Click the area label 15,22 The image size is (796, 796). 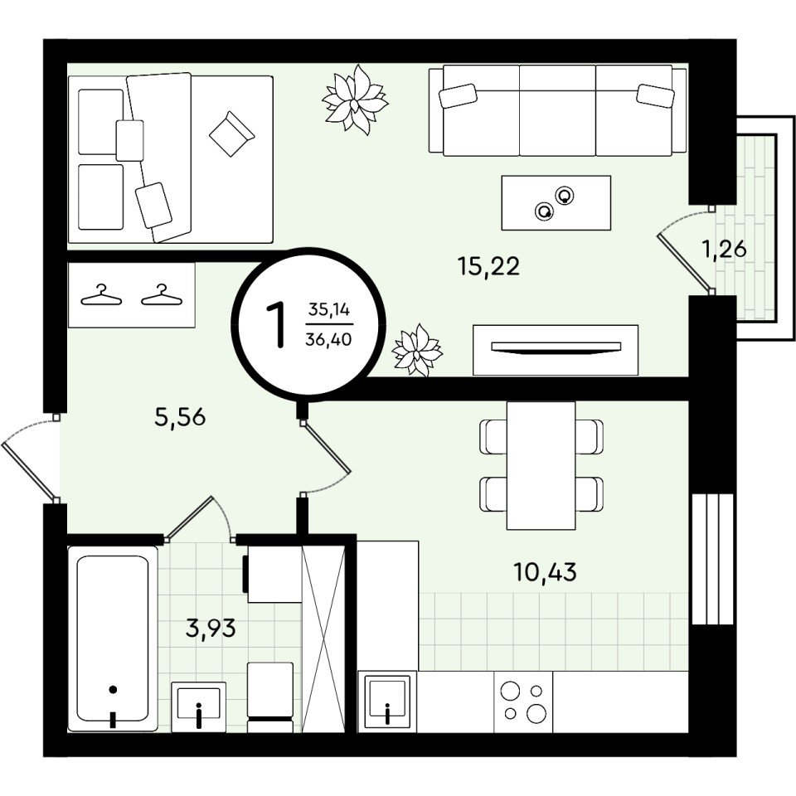tap(489, 266)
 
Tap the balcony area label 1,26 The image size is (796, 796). tap(724, 250)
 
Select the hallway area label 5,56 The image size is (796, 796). tap(180, 417)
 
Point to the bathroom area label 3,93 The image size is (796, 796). tap(211, 629)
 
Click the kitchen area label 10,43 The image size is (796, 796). tap(546, 572)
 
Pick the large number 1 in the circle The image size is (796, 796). tap(277, 324)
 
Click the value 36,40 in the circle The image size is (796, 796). tap(328, 339)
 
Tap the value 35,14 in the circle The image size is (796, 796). tap(329, 309)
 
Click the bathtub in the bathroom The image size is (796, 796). tap(113, 638)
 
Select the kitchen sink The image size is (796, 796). tap(387, 701)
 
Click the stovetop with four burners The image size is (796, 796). tap(523, 701)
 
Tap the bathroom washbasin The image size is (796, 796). tap(198, 706)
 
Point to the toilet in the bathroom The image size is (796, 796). tap(270, 697)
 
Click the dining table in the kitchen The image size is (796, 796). tap(541, 465)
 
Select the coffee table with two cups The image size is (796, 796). tap(556, 202)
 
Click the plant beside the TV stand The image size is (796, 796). tap(417, 350)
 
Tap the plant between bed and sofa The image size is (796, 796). tap(355, 99)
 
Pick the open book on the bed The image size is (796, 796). tap(232, 133)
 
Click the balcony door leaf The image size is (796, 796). tap(685, 262)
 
